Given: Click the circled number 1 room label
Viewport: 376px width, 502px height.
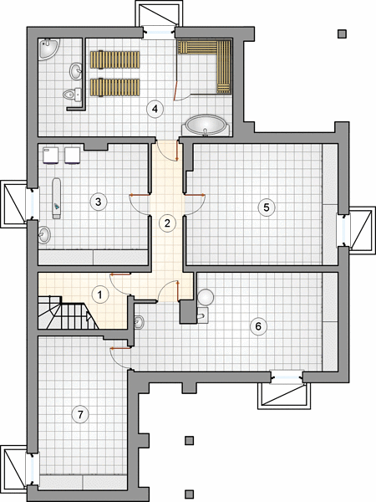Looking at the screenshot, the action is coord(100,295).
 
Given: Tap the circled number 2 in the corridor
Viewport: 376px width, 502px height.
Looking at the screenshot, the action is coord(167,223).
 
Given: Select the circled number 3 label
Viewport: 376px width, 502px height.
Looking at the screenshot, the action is coord(98,202).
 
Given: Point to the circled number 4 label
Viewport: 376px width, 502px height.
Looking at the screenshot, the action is coord(155,109).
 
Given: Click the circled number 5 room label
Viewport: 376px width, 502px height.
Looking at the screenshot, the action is coord(266,207).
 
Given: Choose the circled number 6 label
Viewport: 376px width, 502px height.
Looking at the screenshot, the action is coord(258,326).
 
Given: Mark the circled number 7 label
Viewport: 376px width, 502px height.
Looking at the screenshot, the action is coord(80,415).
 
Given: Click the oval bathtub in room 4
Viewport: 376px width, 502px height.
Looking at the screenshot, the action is coord(206,125).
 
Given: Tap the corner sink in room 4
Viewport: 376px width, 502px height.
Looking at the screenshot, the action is coord(48,49).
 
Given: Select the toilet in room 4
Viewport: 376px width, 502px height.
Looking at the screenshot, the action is coord(72,94).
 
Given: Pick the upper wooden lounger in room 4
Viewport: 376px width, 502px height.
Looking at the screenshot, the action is coord(115,60).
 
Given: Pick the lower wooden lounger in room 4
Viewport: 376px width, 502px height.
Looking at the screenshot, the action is coord(115,87).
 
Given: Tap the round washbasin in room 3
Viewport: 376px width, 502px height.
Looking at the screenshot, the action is coord(44,235).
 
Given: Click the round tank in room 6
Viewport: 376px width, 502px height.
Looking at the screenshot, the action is coord(206,297).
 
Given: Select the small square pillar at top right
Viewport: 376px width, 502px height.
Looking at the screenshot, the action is coord(342,33).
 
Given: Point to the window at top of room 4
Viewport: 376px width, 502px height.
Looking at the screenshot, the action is coord(159,32).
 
